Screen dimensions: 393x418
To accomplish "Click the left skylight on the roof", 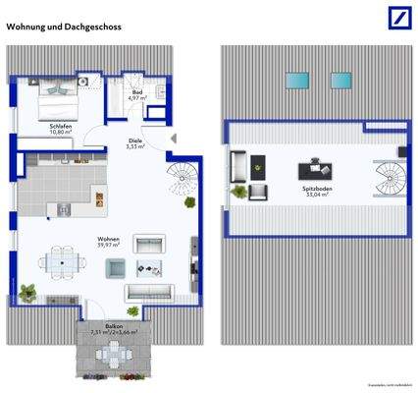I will click(x=295, y=80).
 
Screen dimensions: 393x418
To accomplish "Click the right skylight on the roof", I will click(x=340, y=80).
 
